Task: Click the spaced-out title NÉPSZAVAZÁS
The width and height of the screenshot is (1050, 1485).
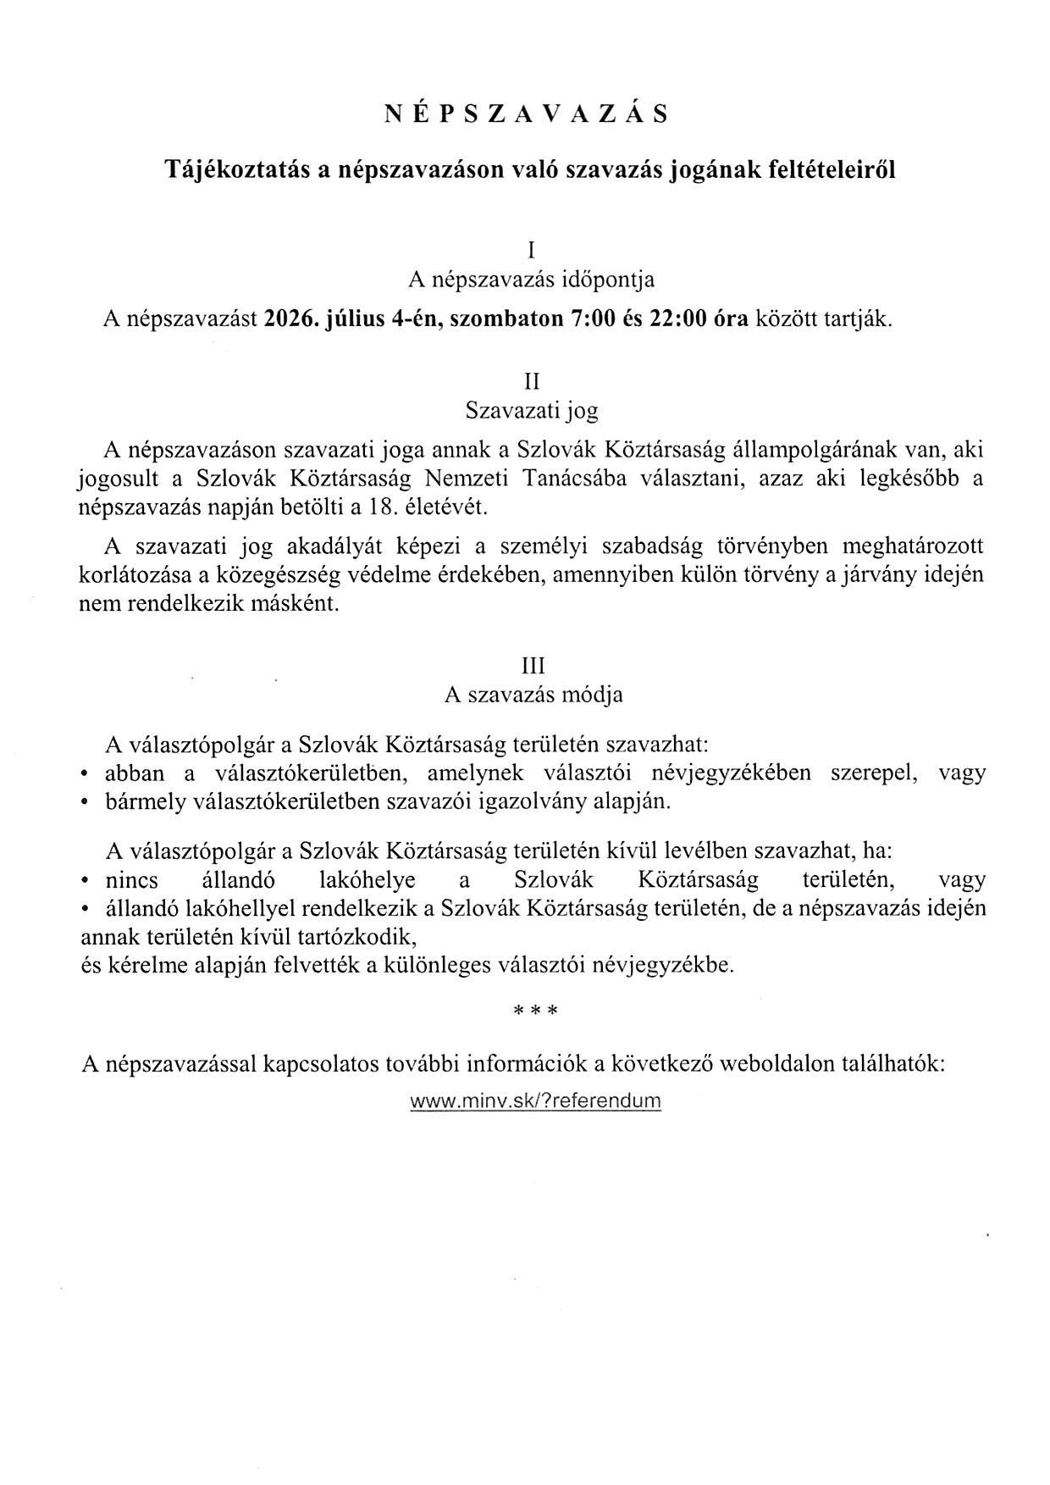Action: [x=525, y=114]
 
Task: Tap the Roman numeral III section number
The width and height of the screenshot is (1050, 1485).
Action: [x=533, y=665]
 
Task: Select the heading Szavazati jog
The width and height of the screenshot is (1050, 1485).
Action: [x=532, y=412]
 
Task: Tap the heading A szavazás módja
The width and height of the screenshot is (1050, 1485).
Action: [x=533, y=695]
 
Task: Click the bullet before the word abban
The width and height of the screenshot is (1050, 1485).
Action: [x=85, y=775]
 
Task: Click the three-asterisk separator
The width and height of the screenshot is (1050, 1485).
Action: [x=534, y=1011]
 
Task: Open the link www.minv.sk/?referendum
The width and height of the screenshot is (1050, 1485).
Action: [x=535, y=1101]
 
